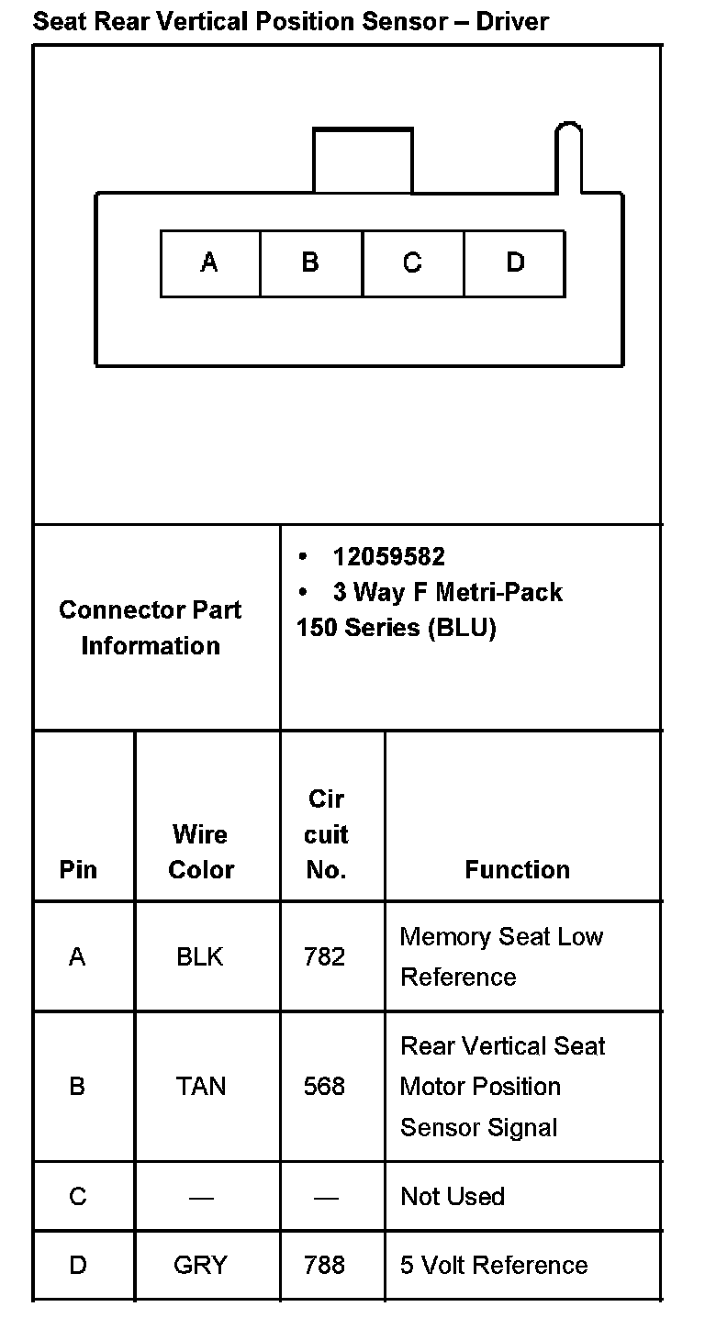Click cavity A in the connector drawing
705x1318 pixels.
[210, 263]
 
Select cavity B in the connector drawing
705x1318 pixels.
[311, 263]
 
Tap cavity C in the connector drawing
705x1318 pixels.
[413, 263]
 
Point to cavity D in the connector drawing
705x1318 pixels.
[515, 263]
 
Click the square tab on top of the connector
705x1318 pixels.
[363, 161]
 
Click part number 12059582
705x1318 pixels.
[388, 557]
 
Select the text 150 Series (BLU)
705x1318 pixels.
[396, 629]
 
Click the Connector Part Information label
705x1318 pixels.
[151, 628]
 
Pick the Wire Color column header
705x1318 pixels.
[201, 852]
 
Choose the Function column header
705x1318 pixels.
[517, 869]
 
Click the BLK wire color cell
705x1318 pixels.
[200, 957]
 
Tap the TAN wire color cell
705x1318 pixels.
[201, 1087]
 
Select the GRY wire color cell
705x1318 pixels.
[200, 1266]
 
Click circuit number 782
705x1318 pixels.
[325, 957]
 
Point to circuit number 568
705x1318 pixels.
[325, 1087]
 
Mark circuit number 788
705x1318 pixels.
[325, 1266]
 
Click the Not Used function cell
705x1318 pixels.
[453, 1197]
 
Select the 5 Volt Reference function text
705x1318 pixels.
[494, 1266]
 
